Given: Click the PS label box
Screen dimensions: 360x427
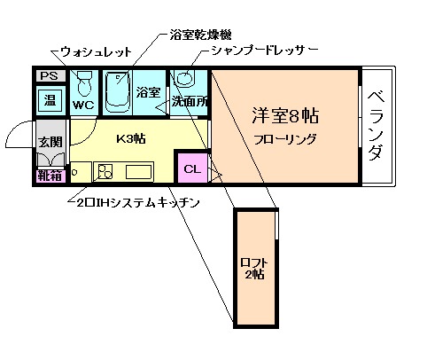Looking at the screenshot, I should [x=48, y=76].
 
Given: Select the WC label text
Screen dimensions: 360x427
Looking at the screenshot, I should [x=84, y=105].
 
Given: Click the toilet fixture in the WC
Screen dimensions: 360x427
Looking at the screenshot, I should [x=85, y=85].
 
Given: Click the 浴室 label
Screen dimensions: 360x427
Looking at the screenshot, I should [x=148, y=92].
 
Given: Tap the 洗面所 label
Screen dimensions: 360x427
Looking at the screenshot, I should [x=190, y=101].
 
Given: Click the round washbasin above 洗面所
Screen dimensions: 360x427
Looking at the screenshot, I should [x=184, y=78].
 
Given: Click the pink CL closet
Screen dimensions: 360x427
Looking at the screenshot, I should [x=191, y=166].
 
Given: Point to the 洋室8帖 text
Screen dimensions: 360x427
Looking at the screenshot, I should [x=285, y=116].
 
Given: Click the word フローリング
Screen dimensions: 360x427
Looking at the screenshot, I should [x=285, y=138].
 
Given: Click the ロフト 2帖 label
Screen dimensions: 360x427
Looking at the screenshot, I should [x=254, y=267].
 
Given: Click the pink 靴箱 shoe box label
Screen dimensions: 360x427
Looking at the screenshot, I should [x=49, y=176].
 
